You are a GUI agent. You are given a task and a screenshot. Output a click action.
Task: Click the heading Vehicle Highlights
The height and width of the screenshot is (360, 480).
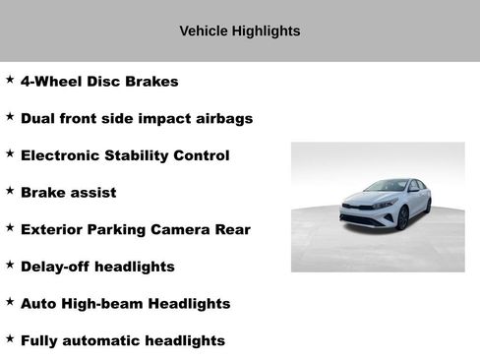(x=240, y=31)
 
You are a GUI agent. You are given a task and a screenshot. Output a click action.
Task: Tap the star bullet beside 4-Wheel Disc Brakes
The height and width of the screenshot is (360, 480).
(x=10, y=80)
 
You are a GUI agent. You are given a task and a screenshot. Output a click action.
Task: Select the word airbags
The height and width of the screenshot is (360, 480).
(x=220, y=118)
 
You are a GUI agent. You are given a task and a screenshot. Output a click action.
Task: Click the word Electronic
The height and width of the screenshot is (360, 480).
(x=60, y=155)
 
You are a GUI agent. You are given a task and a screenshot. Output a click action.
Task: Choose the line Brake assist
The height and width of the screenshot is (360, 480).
(x=68, y=193)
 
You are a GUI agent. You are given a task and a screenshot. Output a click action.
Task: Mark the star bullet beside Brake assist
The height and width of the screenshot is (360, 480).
(x=10, y=191)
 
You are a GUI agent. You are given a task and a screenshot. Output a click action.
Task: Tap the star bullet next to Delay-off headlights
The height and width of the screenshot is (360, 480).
(x=10, y=265)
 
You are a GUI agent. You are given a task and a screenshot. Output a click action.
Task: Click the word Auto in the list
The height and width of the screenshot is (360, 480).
(x=38, y=304)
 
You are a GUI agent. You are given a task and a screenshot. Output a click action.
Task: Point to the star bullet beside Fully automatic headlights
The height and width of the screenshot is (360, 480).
(x=10, y=338)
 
